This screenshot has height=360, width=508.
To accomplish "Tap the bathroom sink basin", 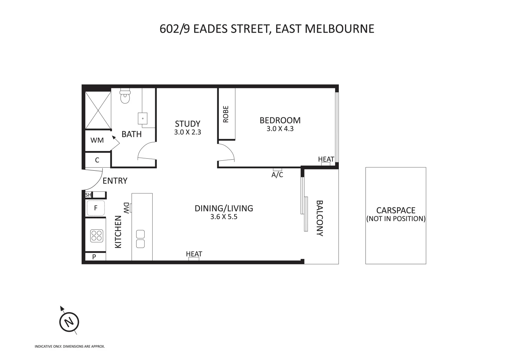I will (x=143, y=118).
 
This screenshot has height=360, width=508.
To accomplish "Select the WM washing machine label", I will (x=97, y=140).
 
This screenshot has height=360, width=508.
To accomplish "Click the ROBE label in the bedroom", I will (x=226, y=114).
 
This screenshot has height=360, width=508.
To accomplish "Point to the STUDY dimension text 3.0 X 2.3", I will (x=188, y=132).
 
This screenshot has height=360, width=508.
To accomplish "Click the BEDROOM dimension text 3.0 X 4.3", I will (x=280, y=129).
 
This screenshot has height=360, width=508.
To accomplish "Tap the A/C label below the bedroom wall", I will (x=277, y=175).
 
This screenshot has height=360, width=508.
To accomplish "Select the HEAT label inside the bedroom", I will (x=326, y=159).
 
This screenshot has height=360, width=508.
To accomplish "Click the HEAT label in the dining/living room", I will (x=194, y=254).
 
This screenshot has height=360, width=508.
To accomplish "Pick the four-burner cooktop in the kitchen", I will (x=96, y=236).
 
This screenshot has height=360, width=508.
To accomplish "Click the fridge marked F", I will (x=96, y=208).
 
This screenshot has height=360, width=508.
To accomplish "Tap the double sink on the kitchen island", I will (x=141, y=239).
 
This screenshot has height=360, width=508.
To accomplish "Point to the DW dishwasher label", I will (x=126, y=208).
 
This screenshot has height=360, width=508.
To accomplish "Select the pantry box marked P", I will (x=94, y=257).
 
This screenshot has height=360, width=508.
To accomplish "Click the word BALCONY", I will (x=319, y=218).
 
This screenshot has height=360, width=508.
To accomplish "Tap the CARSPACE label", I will (x=396, y=210).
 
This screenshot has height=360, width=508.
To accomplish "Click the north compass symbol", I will (x=69, y=322).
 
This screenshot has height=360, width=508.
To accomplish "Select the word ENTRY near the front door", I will (x=115, y=181).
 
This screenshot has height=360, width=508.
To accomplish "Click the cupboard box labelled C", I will (x=97, y=160).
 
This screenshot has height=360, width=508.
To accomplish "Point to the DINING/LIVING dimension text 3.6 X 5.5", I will (x=224, y=217).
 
